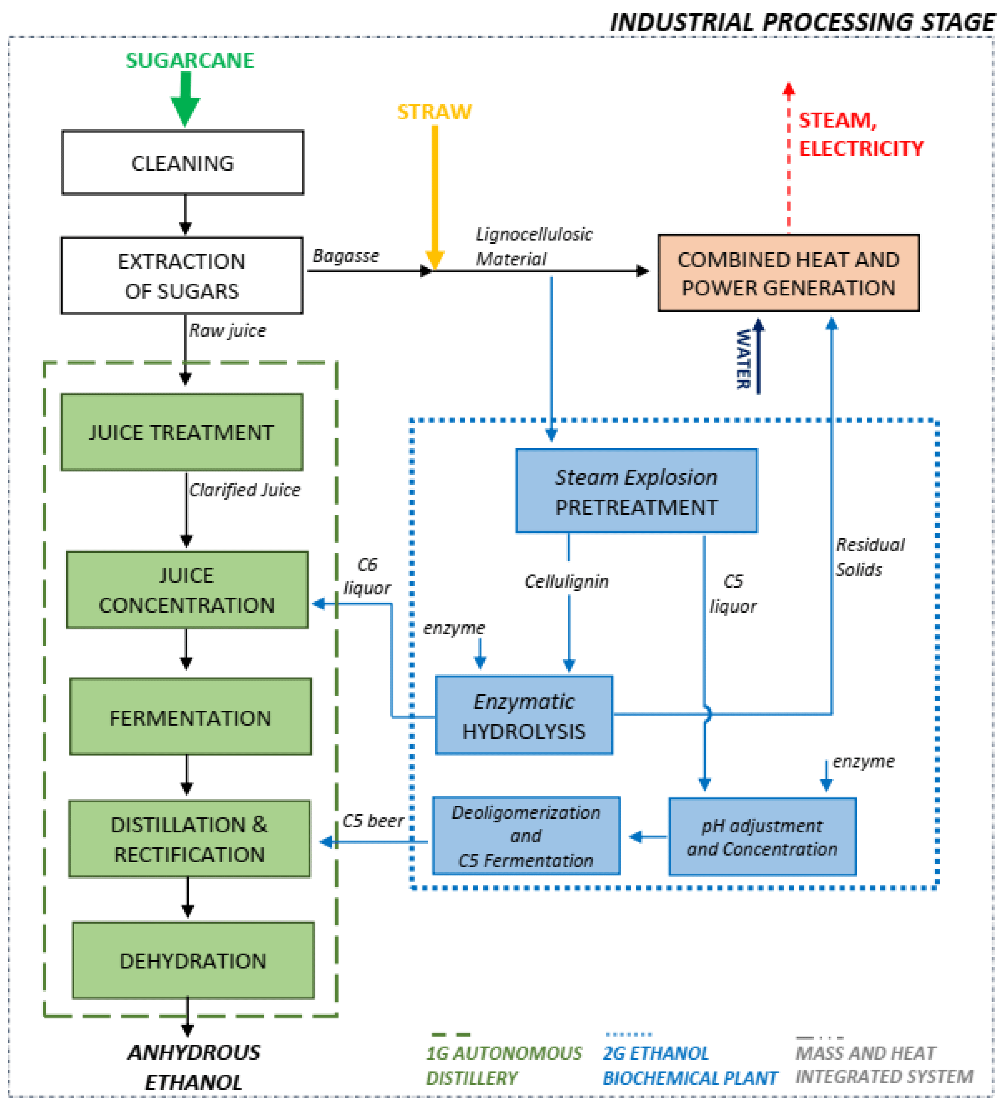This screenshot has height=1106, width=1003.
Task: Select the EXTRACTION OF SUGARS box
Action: point(182,275)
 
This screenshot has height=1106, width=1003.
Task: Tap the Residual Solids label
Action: point(869,557)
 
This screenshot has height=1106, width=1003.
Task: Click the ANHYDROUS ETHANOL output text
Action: point(193,1067)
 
